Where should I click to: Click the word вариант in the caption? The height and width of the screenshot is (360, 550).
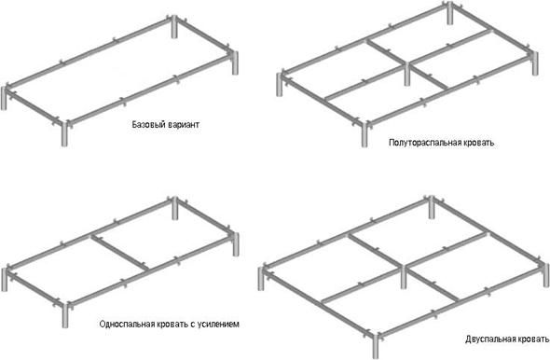pos(184,124)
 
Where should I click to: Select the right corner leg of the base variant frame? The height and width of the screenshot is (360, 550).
pos(233,65)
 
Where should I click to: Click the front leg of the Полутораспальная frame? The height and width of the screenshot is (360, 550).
pos(364,132)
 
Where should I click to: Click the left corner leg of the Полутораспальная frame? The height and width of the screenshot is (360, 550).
pos(279,84)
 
